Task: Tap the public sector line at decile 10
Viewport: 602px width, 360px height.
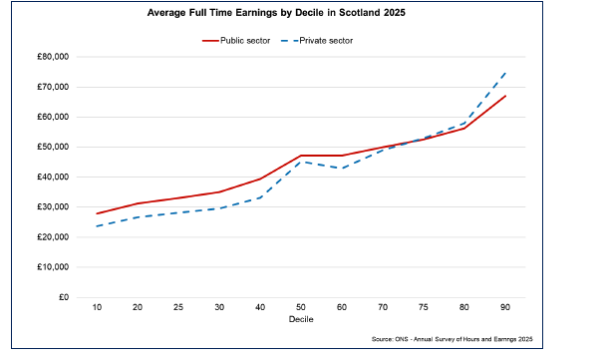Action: coord(98,213)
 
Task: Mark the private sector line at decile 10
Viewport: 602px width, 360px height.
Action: coord(98,226)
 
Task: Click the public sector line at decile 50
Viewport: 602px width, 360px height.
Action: coord(301,156)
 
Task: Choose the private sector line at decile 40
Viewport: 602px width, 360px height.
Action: coord(258,197)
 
